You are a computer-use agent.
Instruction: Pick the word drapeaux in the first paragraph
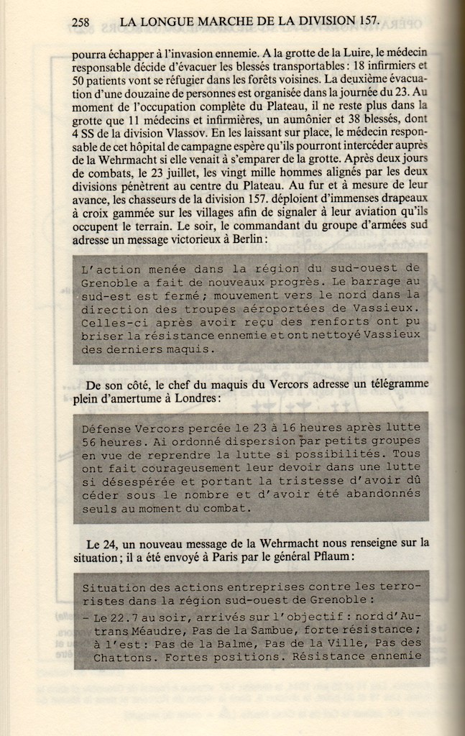pos(402,198)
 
